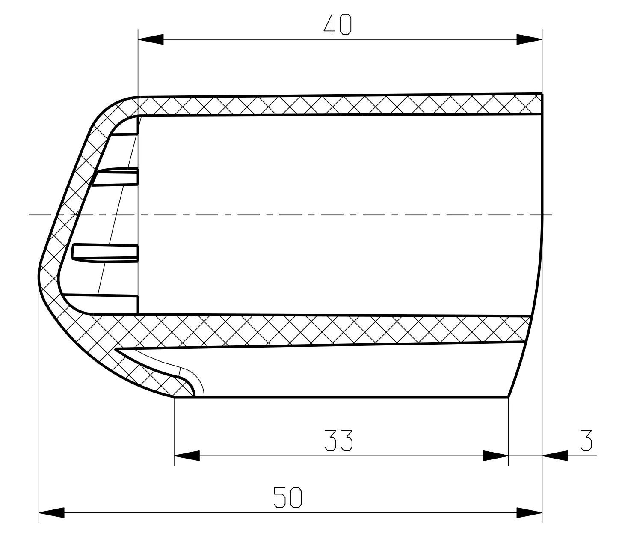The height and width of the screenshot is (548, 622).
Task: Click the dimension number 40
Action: coord(337,24)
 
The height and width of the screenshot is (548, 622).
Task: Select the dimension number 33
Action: coord(338,440)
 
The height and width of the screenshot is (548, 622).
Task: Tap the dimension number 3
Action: coord(586,440)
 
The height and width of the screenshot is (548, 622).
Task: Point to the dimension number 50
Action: coord(287,497)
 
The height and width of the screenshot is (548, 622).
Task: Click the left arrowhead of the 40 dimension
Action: coord(151,39)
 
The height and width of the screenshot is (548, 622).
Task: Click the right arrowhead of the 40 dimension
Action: coord(529,39)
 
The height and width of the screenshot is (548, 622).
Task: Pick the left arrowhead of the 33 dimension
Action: coord(187,456)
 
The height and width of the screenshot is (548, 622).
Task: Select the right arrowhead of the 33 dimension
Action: coord(495,456)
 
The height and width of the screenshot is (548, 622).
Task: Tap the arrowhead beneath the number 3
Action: coord(555,456)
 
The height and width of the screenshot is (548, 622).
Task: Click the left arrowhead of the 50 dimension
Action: coord(52,512)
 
